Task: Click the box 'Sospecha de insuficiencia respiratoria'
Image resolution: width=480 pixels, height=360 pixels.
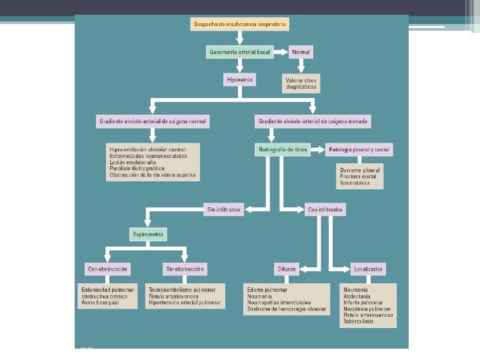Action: coord(239,25)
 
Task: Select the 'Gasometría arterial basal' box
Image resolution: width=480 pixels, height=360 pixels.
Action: coord(239,51)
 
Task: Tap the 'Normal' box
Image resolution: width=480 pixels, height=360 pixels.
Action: coord(301,51)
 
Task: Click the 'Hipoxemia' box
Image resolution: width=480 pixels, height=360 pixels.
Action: coord(239,80)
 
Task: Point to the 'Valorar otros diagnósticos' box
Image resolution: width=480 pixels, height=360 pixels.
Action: coord(302,83)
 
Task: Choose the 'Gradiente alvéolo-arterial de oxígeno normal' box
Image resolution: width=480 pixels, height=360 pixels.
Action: coord(153,121)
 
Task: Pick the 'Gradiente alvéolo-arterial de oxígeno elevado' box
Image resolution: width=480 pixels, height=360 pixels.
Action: coord(313,121)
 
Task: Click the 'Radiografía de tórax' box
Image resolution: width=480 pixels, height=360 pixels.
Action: coord(283,150)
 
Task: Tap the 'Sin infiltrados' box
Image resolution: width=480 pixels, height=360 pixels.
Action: coord(223,209)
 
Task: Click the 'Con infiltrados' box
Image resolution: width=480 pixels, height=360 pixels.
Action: coord(325,209)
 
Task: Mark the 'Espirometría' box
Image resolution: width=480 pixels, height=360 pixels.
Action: coord(147,235)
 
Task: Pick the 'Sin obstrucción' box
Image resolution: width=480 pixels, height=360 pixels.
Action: coord(185,269)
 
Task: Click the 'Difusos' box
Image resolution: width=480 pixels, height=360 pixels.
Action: coord(288,269)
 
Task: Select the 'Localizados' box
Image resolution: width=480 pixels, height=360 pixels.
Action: coord(368,269)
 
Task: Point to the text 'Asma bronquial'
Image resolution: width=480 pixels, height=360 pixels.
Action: coord(100,302)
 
